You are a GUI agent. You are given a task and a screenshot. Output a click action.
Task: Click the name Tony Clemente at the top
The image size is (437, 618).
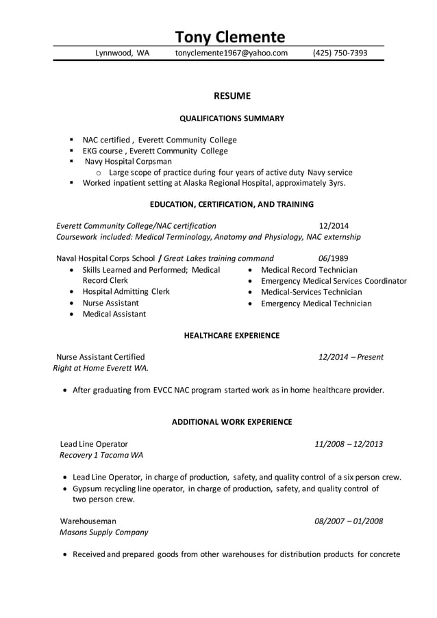[229, 36]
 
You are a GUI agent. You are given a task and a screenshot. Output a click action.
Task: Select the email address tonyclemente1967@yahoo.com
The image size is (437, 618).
[231, 53]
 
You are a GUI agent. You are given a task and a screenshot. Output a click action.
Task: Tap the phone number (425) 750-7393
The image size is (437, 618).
[340, 53]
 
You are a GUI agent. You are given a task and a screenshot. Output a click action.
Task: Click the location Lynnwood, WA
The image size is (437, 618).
[122, 53]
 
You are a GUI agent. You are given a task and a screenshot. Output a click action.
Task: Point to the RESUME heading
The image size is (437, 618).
[232, 96]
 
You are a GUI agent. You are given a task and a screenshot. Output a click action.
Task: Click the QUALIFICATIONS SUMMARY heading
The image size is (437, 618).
[232, 119]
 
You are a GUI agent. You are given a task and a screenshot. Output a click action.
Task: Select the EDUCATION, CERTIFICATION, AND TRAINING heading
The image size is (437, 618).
[232, 204]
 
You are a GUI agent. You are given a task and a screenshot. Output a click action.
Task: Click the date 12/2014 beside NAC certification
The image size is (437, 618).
[334, 225]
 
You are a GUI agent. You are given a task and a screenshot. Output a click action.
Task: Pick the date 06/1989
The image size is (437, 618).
[334, 258]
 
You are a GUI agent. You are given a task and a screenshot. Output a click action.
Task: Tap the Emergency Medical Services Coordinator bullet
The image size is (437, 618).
[334, 281]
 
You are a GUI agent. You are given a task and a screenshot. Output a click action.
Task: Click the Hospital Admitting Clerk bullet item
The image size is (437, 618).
[126, 291]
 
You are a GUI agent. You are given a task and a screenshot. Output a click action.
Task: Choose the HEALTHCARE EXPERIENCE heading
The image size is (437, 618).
[232, 335]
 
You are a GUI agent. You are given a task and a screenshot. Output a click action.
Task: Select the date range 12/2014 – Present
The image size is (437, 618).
[351, 357]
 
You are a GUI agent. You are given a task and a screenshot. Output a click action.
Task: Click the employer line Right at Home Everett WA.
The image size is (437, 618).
[101, 368]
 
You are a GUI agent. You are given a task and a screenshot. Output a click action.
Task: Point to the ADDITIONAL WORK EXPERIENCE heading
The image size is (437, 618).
[232, 422]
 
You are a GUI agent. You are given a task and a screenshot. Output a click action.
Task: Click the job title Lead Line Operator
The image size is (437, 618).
[94, 444]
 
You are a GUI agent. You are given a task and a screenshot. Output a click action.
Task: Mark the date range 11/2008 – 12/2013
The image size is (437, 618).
[349, 444]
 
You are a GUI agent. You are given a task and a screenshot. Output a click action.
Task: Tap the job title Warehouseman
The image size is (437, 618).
[88, 521]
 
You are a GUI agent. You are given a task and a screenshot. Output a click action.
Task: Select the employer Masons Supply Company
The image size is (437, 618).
[103, 532]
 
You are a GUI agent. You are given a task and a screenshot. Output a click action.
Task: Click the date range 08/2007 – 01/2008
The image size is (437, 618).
[349, 521]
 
